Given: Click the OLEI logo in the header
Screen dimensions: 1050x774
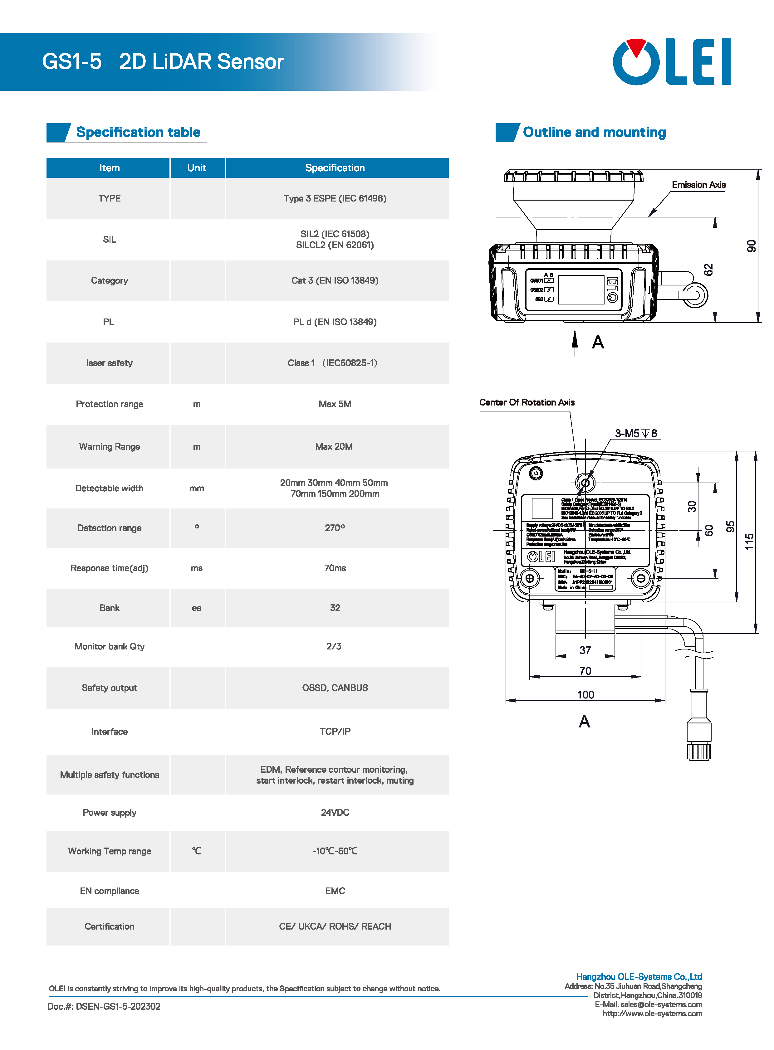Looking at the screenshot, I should coord(671,62).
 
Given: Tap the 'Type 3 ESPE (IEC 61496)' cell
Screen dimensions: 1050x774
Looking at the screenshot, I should coord(335,198).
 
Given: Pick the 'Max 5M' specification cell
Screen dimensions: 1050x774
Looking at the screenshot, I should coord(335,404).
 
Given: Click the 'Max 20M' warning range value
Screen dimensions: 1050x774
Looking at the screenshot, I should coord(334,446).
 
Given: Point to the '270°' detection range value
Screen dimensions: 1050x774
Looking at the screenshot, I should coord(335,528).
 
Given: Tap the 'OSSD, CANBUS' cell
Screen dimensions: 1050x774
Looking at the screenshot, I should coord(335,688).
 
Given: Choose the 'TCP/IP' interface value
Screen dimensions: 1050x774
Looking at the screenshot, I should coord(335,732).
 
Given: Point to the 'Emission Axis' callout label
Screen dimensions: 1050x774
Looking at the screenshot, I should coord(698,185).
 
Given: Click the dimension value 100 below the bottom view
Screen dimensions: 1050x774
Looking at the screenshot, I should coord(585,694).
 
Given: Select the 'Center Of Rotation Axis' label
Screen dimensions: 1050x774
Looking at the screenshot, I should coord(527,402).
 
